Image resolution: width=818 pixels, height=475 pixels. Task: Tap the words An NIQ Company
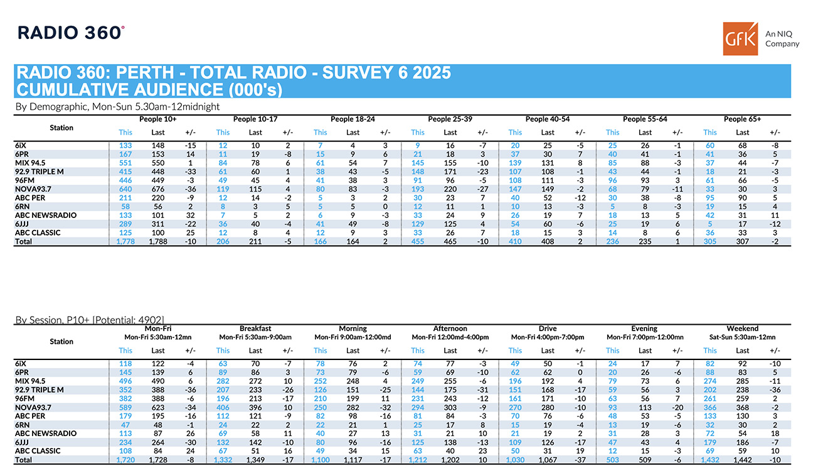click(782, 39)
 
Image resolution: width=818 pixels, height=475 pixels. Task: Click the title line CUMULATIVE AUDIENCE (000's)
click(149, 90)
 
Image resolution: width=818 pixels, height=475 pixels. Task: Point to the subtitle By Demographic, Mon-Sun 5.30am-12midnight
click(117, 107)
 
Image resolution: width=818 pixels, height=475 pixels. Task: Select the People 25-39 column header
click(450, 119)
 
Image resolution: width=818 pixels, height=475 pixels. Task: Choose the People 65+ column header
click(742, 119)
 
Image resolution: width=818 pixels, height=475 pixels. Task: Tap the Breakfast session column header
click(255, 329)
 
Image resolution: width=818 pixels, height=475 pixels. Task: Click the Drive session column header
click(547, 329)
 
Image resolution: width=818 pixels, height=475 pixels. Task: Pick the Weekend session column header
click(742, 329)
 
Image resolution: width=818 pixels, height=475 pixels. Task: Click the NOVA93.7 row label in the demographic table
click(33, 188)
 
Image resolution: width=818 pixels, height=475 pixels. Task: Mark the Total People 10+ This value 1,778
click(125, 242)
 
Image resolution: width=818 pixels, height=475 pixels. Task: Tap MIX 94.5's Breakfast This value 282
click(223, 381)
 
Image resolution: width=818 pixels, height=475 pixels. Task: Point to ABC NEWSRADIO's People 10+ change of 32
click(190, 216)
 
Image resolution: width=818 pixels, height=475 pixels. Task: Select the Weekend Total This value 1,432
click(709, 460)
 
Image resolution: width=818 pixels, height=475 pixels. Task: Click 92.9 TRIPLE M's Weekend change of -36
click(775, 390)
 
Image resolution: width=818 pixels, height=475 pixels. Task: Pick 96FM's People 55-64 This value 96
click(612, 180)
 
